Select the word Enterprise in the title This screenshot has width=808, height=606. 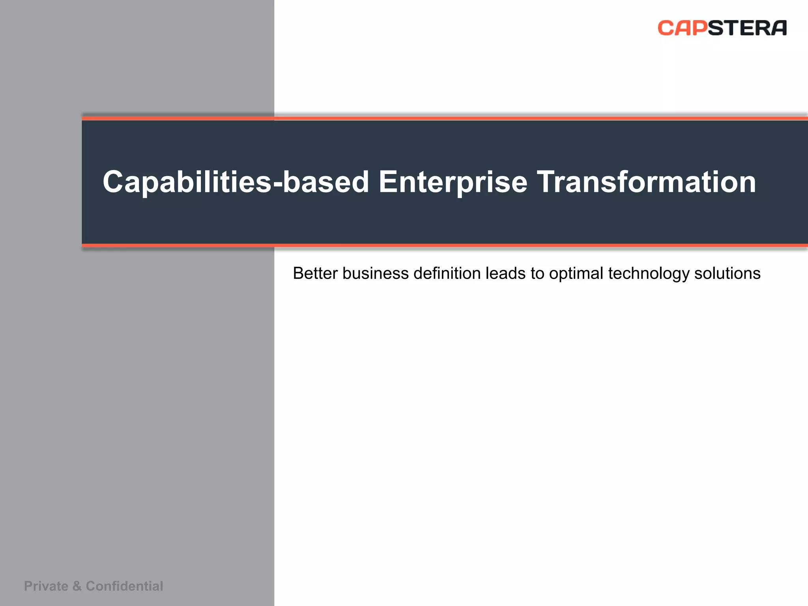pos(453,182)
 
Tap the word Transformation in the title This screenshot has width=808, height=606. pos(646,182)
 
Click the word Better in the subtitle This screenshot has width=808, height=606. pos(315,273)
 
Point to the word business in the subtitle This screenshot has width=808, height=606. pos(375,273)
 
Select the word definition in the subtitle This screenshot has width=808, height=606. pos(447,273)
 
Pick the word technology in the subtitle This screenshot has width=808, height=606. pos(649,273)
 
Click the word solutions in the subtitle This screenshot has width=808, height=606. pos(727,273)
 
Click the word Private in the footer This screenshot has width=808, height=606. pos(46,586)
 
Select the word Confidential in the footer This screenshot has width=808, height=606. pos(124,586)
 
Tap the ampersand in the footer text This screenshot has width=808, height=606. pos(77,586)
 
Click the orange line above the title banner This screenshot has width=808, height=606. pos(434,118)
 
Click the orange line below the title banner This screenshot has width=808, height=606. pos(434,245)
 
